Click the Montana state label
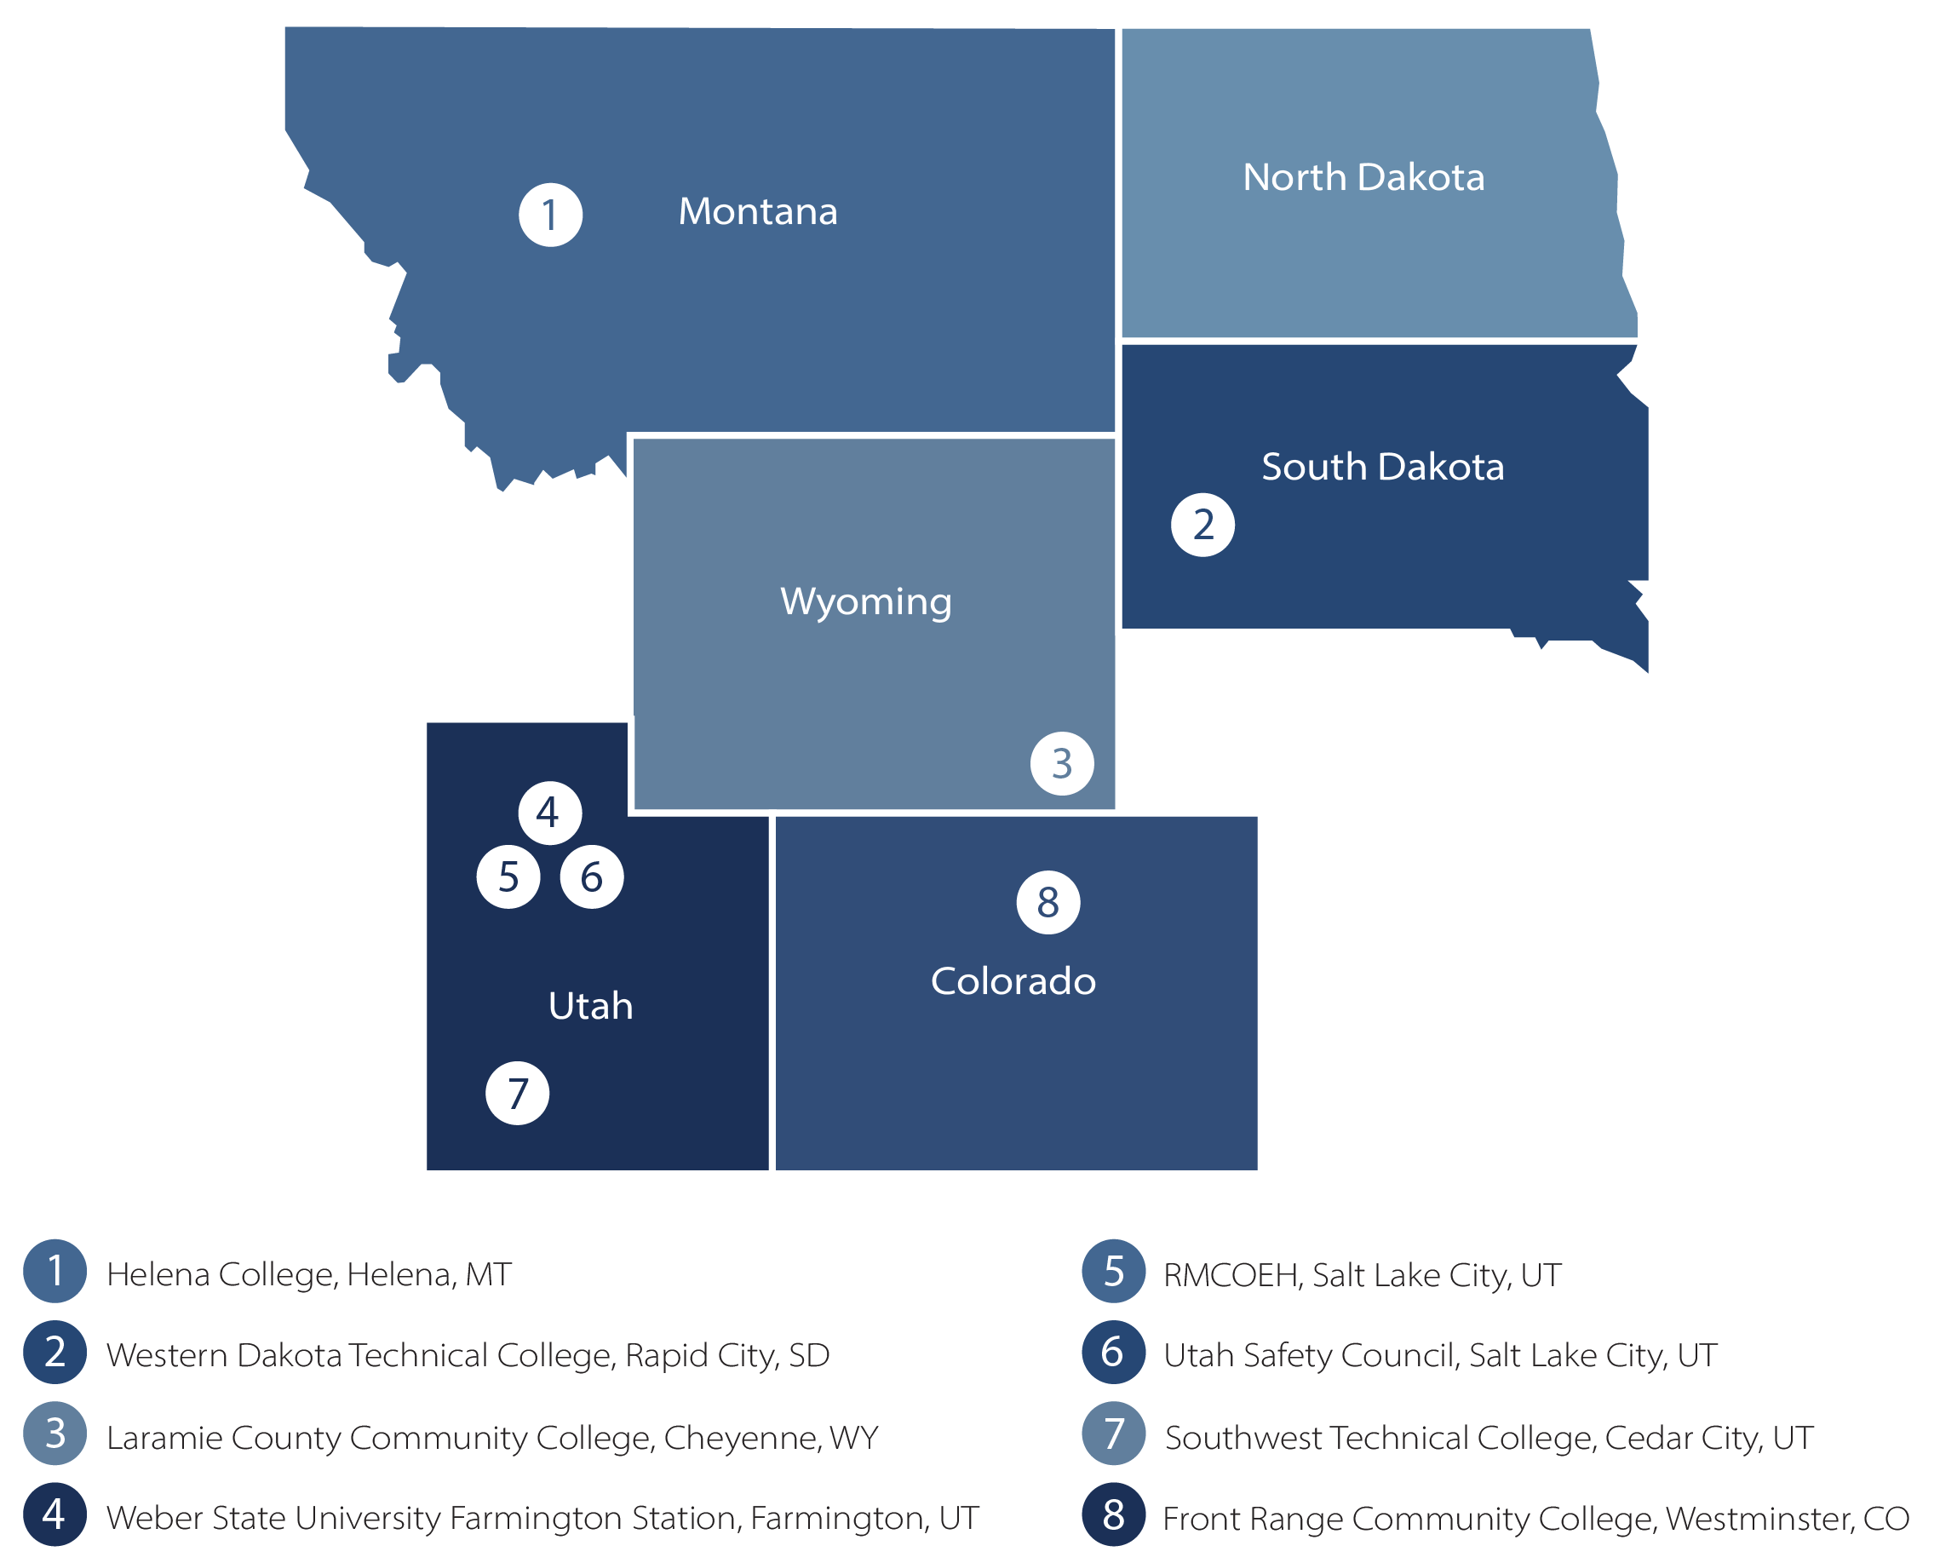pyautogui.click(x=757, y=211)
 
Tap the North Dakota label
pyautogui.click(x=1363, y=177)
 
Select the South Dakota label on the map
pyautogui.click(x=1382, y=467)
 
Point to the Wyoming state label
pyautogui.click(x=865, y=601)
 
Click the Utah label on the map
pyautogui.click(x=589, y=1006)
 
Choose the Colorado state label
pyautogui.click(x=1013, y=980)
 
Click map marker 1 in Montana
pyautogui.click(x=550, y=215)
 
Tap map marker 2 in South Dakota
pyautogui.click(x=1202, y=525)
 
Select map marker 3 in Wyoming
pyautogui.click(x=1061, y=763)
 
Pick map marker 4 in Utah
pyautogui.click(x=549, y=813)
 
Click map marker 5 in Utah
pyautogui.click(x=508, y=877)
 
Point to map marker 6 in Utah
pyautogui.click(x=591, y=877)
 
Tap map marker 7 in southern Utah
pyautogui.click(x=517, y=1093)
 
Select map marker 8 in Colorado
pyautogui.click(x=1047, y=902)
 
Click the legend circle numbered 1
pyautogui.click(x=55, y=1272)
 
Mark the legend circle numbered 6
pyautogui.click(x=1114, y=1353)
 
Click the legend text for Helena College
pyautogui.click(x=309, y=1274)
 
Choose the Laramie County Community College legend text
pyautogui.click(x=491, y=1438)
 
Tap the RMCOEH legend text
pyautogui.click(x=1361, y=1275)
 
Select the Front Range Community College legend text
pyautogui.click(x=1535, y=1519)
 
